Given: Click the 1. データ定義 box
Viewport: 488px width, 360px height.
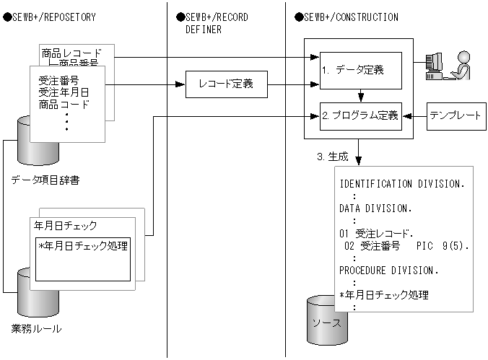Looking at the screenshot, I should coord(360,71).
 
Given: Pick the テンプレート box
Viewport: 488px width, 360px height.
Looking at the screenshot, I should coord(455,116).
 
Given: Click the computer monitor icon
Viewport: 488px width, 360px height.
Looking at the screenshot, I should coord(435,65).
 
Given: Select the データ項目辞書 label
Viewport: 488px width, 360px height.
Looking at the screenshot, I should coord(45,180).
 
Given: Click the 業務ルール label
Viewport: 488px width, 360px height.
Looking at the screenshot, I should coord(36,329).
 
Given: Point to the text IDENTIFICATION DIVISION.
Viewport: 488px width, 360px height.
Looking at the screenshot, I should coord(401,183).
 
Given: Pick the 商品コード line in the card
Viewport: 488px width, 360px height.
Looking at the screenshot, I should coord(65,105).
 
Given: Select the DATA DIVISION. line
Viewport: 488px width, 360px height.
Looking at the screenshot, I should coord(375,208).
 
